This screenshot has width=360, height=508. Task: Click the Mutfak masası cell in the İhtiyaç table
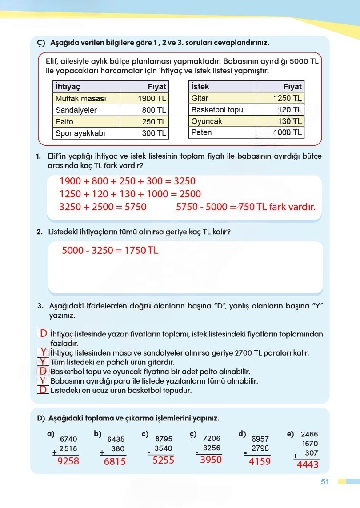click(x=80, y=99)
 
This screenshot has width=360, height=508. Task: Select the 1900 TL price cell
click(x=152, y=99)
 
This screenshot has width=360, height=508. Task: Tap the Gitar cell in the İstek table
click(x=200, y=98)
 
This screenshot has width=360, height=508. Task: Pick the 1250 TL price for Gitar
click(x=288, y=98)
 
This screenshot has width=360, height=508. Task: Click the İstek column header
click(x=200, y=87)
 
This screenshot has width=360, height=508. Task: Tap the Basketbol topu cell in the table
click(x=217, y=110)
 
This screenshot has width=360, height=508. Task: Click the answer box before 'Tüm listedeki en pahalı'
click(x=43, y=362)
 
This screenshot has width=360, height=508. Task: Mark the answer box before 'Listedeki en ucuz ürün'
click(x=43, y=390)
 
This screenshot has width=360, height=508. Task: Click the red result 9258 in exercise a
click(x=68, y=461)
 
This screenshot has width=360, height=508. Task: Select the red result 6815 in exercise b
click(x=115, y=461)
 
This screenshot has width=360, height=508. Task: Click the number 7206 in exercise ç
click(x=211, y=439)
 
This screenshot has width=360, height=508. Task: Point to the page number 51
click(x=324, y=482)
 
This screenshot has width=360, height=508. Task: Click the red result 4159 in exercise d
click(x=260, y=461)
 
